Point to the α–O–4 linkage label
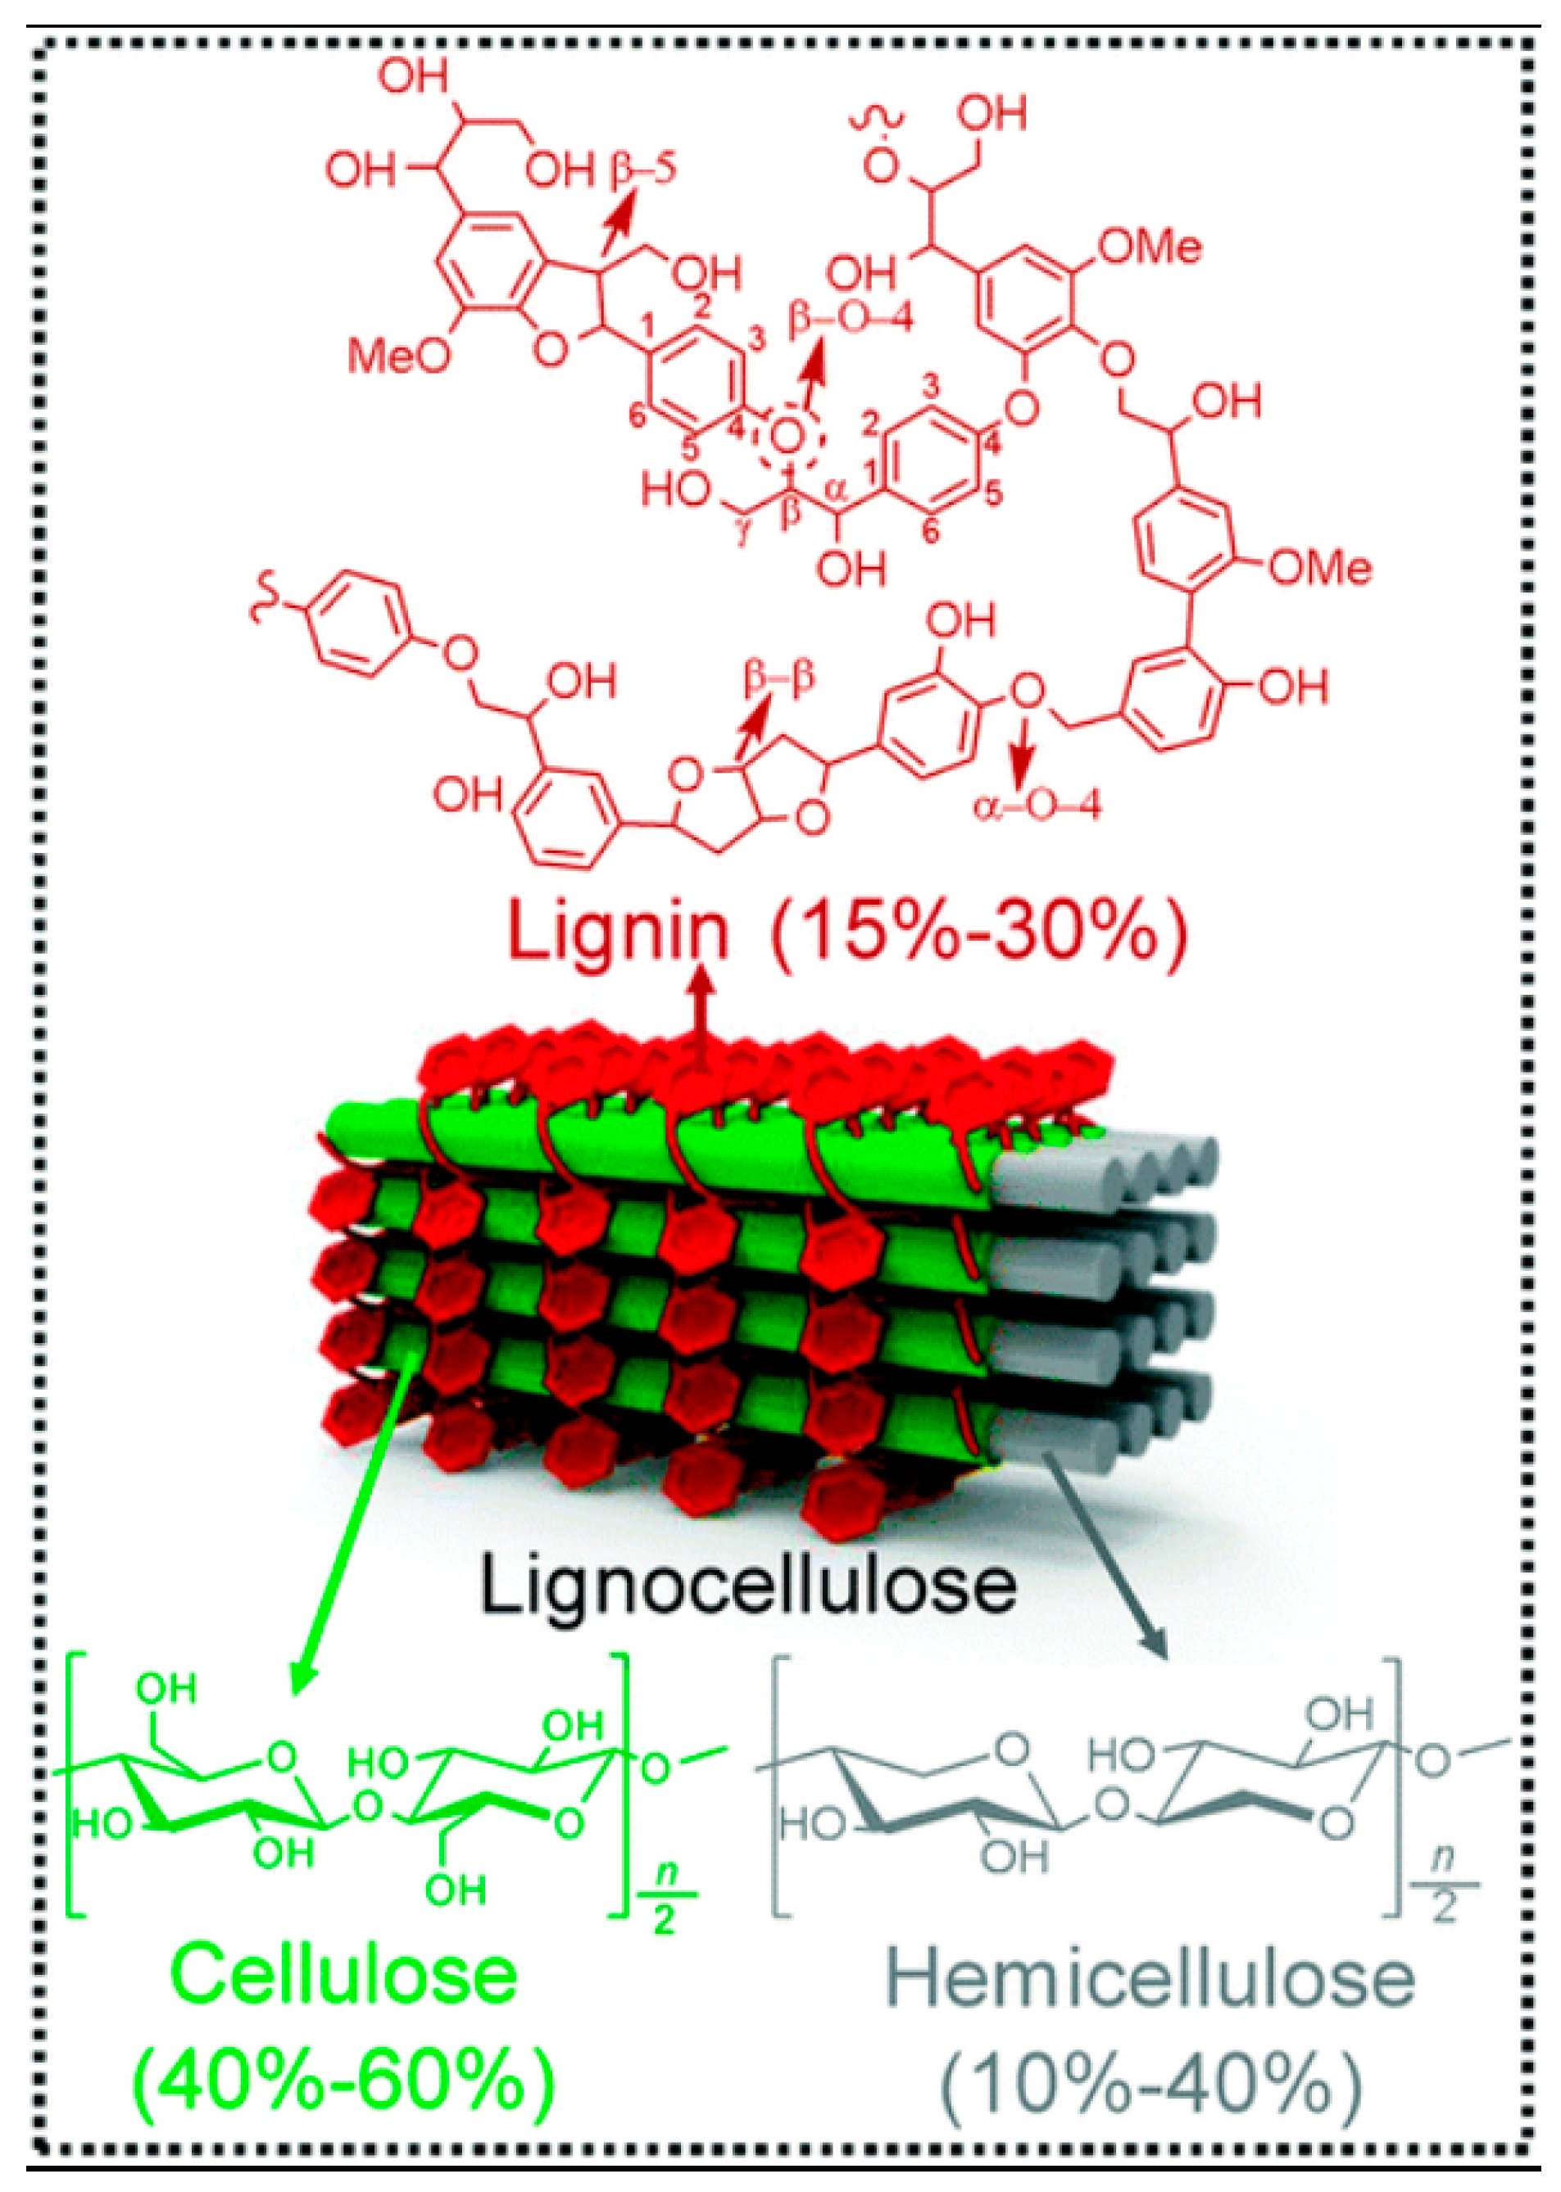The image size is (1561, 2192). coord(1037,806)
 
